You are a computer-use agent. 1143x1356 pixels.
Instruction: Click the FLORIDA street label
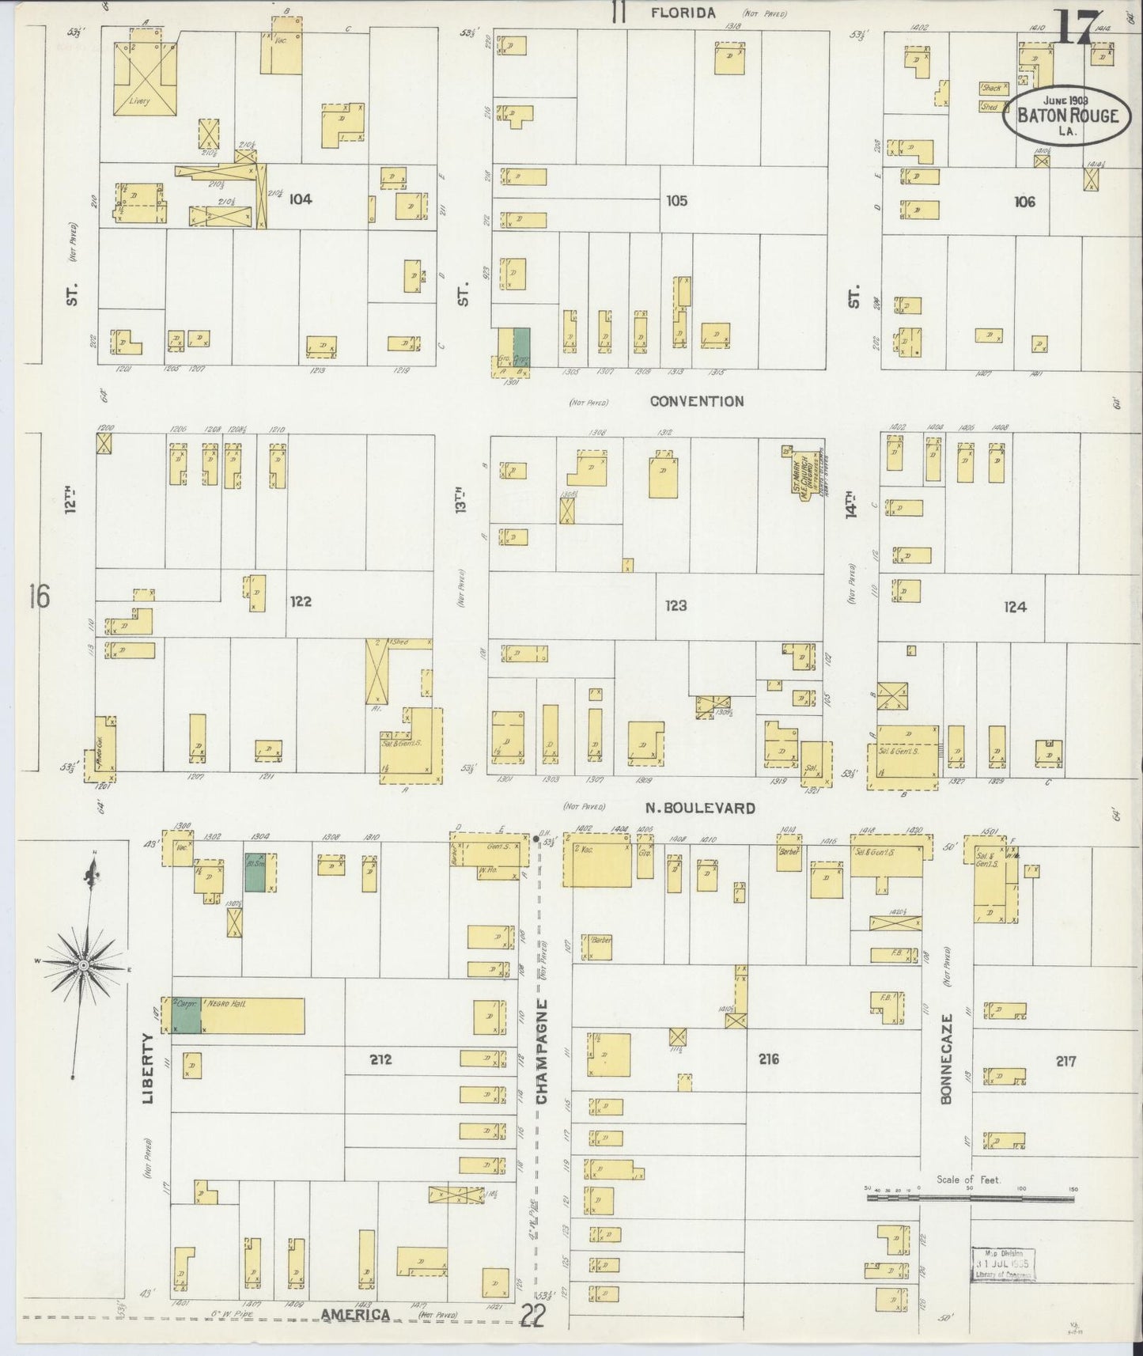tap(683, 13)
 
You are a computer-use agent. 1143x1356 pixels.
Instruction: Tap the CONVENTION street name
tap(696, 401)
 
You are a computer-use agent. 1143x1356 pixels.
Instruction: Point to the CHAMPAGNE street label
tap(542, 1051)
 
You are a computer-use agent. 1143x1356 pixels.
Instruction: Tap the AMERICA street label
tap(355, 1315)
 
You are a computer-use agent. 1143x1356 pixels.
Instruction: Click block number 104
tap(300, 199)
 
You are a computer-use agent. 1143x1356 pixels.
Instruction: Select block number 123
tap(676, 606)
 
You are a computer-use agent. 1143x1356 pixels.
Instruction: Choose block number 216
tap(768, 1059)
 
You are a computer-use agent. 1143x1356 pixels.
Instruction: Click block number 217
tap(1065, 1061)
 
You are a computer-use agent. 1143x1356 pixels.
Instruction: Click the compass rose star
tap(82, 967)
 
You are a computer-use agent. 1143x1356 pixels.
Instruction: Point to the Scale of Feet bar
tap(970, 1199)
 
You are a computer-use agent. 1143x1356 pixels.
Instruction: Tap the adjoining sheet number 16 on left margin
tap(38, 597)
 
